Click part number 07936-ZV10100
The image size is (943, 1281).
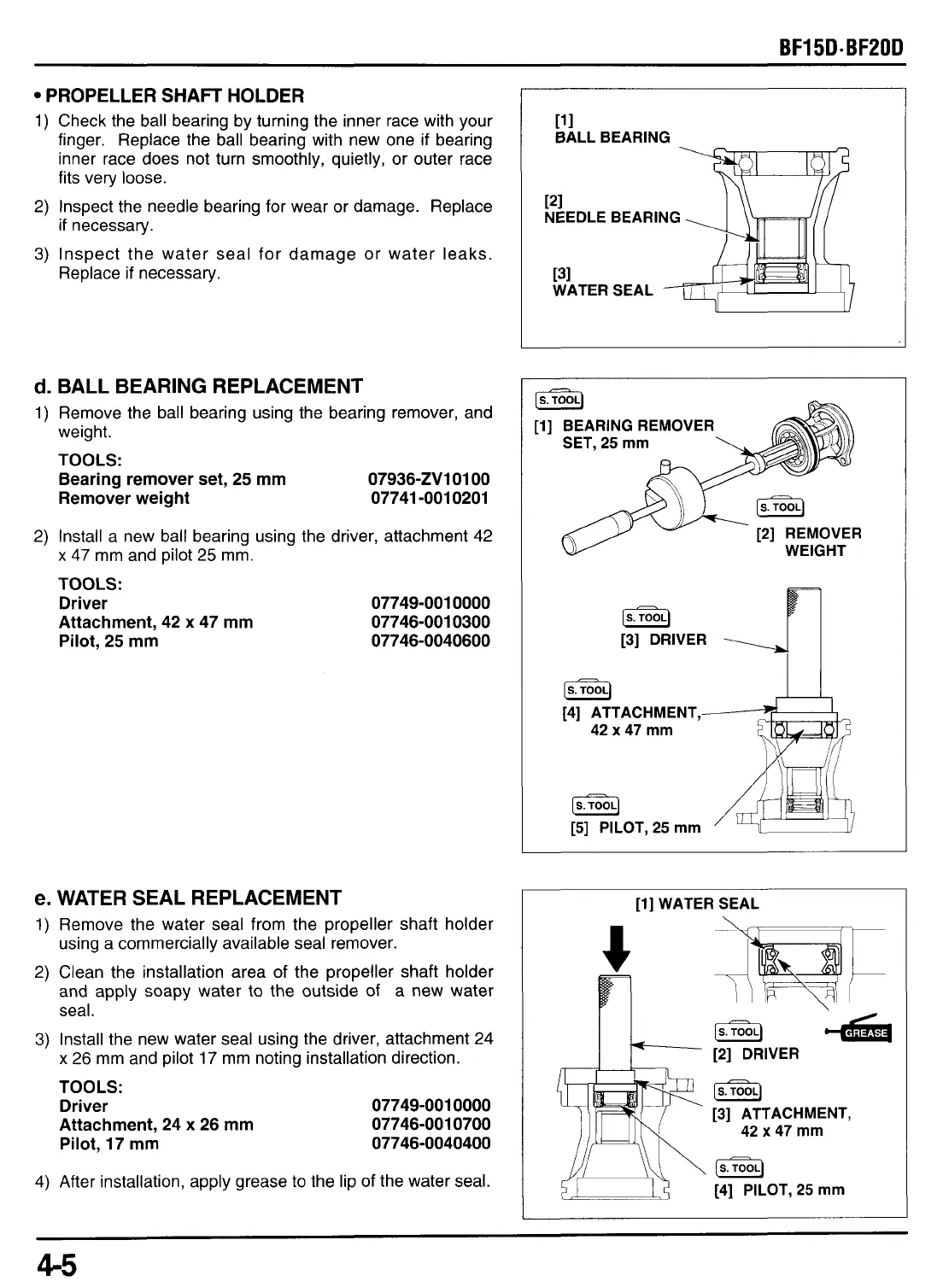click(430, 479)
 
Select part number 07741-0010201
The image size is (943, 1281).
click(430, 498)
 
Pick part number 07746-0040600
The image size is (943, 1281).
click(430, 640)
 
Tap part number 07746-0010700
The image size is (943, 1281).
click(431, 1124)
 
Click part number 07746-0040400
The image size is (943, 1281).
click(431, 1143)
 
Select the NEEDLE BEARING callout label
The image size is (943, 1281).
click(612, 217)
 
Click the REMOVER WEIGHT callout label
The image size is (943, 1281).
click(814, 541)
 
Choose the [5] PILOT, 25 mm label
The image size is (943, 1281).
click(636, 827)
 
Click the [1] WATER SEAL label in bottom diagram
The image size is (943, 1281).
click(696, 904)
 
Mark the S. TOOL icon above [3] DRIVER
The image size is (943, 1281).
click(647, 617)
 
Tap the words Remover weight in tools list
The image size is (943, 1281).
click(125, 498)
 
